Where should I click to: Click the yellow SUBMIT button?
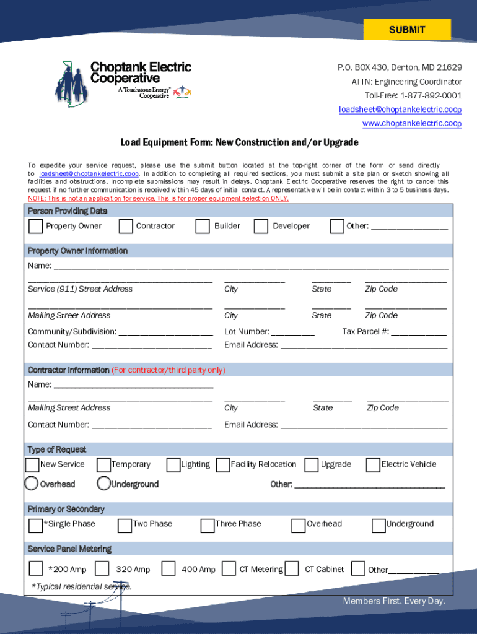coord(407,30)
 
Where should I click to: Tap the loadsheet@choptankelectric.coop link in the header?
coord(400,110)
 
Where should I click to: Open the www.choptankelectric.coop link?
coord(411,124)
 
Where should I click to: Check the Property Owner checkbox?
coord(36,227)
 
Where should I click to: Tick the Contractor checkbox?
coord(126,227)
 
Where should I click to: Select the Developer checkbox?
coord(261,227)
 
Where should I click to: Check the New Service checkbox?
coord(32,465)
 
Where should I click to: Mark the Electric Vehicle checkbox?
coord(373,465)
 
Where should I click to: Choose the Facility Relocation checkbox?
coord(222,465)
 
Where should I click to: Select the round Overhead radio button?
coord(32,484)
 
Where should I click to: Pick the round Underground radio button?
coord(103,484)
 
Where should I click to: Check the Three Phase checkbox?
coord(208,526)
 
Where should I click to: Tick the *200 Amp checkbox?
coord(36,568)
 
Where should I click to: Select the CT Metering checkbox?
coord(229,568)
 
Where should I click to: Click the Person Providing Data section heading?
coord(68,211)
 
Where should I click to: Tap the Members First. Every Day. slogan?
coord(394,601)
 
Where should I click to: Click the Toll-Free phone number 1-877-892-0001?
coord(431,95)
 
